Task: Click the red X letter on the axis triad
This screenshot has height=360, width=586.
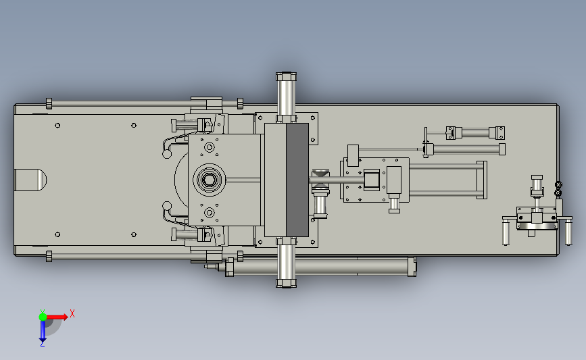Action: (x=72, y=313)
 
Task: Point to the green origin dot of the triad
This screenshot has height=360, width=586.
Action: (x=43, y=317)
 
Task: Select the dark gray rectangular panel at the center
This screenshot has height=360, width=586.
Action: (x=297, y=180)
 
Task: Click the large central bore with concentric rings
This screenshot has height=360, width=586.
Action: (x=209, y=180)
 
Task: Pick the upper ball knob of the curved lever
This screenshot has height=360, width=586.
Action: (x=167, y=154)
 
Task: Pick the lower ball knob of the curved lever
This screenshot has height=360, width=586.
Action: (x=167, y=206)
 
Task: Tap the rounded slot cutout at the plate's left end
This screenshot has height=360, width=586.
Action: (x=30, y=180)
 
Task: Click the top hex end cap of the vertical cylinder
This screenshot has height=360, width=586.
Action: (x=287, y=76)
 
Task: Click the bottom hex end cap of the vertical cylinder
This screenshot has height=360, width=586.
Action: (x=287, y=283)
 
